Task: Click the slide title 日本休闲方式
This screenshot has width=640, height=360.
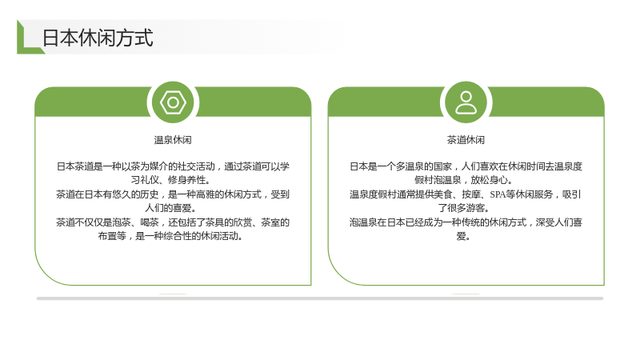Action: (98, 38)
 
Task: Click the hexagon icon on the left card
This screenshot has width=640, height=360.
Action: (173, 102)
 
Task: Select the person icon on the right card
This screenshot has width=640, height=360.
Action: (466, 102)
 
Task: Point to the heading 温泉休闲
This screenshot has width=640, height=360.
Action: (173, 140)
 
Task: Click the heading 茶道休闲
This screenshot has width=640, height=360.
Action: (466, 140)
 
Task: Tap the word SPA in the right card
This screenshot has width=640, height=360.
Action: (498, 194)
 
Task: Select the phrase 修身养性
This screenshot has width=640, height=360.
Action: (186, 180)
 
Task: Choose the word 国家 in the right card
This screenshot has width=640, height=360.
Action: (442, 166)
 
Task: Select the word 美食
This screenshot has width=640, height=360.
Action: (442, 194)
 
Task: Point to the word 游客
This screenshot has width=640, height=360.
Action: (475, 208)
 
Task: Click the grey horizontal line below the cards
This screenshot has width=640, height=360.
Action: (320, 298)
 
